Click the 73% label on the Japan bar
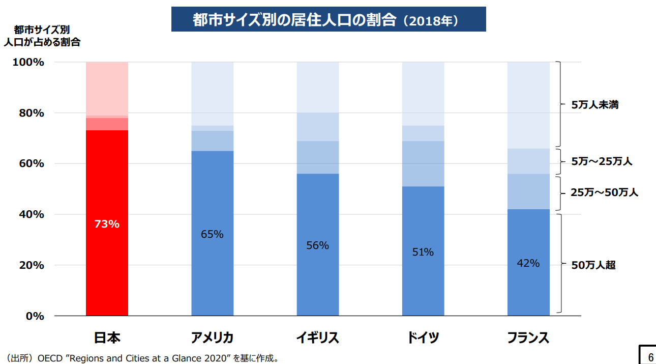click(x=107, y=224)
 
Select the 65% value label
click(x=212, y=234)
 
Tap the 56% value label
click(x=317, y=245)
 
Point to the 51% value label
click(x=423, y=252)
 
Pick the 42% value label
click(x=528, y=263)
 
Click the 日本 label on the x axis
click(x=107, y=338)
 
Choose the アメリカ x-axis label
click(x=212, y=338)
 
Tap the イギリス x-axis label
click(x=317, y=338)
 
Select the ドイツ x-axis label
click(x=423, y=338)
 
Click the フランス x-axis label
click(x=528, y=338)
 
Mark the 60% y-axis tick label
click(x=31, y=163)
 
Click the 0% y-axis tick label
click(x=34, y=316)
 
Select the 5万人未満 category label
click(x=594, y=105)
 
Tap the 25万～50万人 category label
click(x=604, y=192)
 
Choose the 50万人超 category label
click(x=593, y=265)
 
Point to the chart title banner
click(x=328, y=20)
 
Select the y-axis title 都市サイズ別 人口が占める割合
click(x=42, y=36)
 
